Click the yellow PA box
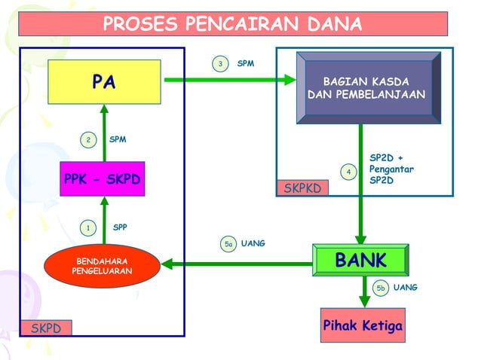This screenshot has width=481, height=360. [105, 81]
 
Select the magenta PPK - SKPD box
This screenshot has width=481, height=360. [103, 179]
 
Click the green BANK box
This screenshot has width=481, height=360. [360, 261]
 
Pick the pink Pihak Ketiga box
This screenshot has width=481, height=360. [363, 325]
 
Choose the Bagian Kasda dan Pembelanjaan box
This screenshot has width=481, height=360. [367, 88]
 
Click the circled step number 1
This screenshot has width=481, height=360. [88, 227]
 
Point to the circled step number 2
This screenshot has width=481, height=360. [88, 139]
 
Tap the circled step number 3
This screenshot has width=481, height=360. [219, 64]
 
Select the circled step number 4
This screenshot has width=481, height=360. [348, 172]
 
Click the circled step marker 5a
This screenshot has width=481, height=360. [228, 243]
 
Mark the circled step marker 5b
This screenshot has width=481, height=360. [381, 288]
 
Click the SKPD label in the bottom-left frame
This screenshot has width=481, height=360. [45, 328]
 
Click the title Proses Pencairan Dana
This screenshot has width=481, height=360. [232, 24]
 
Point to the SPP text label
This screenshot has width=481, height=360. [120, 227]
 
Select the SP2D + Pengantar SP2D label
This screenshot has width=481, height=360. [391, 170]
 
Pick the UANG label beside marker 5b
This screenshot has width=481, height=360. [406, 288]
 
